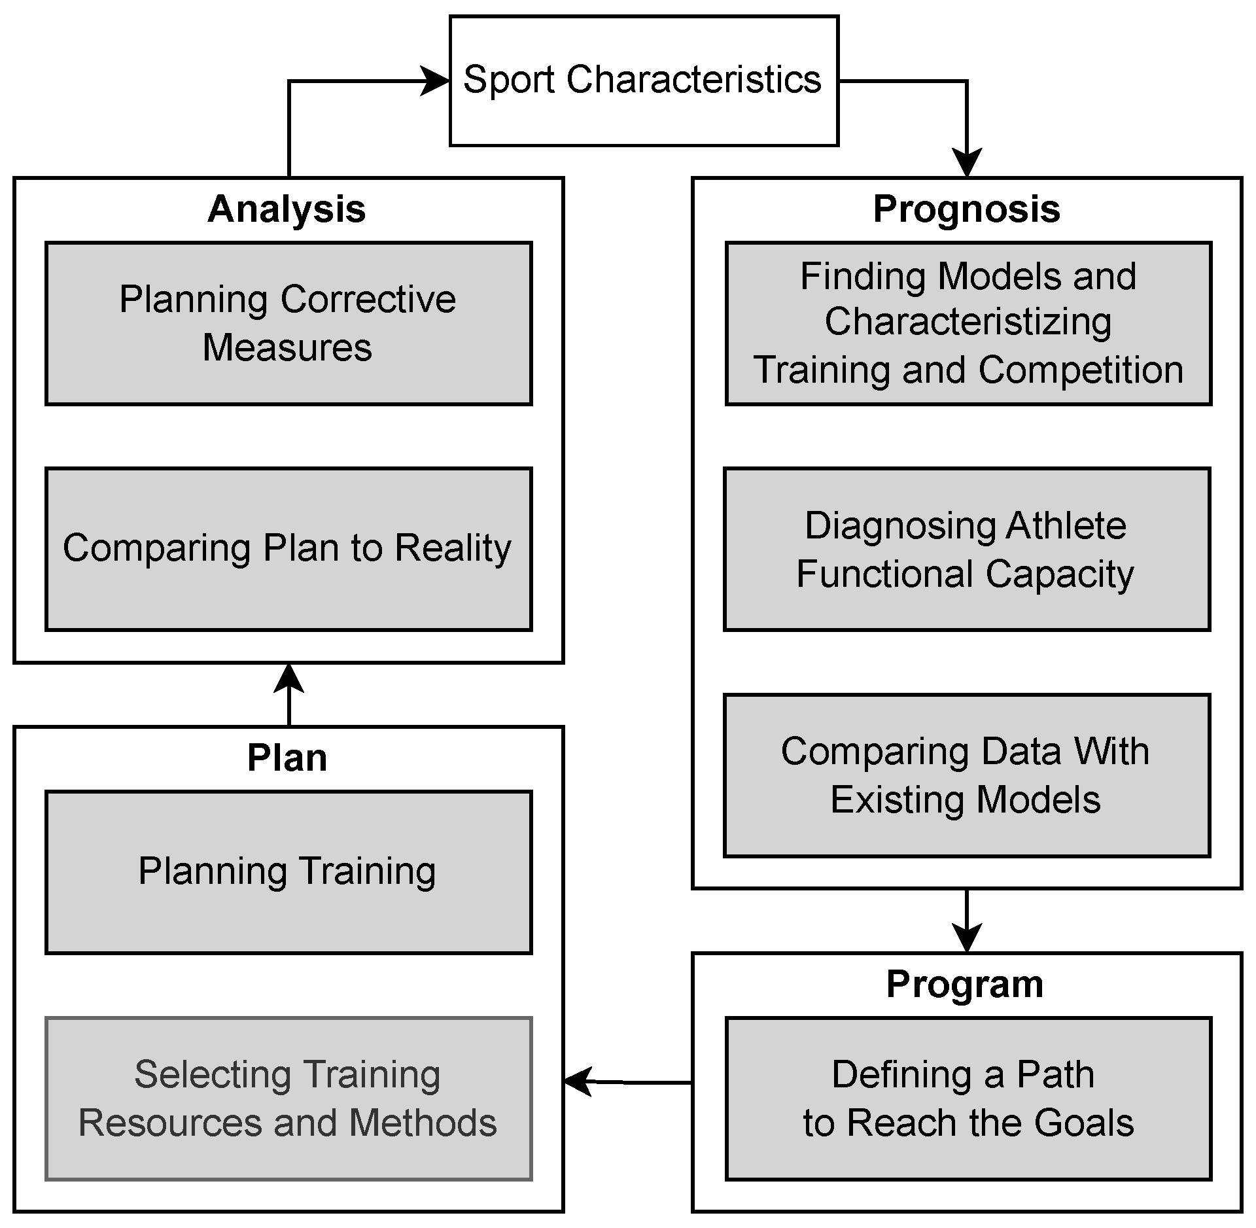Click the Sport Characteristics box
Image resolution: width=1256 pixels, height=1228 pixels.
[644, 80]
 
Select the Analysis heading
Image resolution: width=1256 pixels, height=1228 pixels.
[287, 209]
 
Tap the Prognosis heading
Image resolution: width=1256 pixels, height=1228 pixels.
[966, 209]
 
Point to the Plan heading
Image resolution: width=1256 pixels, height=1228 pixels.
[287, 758]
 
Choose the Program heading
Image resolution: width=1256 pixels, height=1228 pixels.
[965, 984]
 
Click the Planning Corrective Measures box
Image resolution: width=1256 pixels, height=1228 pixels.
[288, 323]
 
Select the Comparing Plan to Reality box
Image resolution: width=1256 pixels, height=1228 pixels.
[288, 548]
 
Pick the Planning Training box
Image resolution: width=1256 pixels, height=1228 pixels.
[288, 871]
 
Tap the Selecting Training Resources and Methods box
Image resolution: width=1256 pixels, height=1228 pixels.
[288, 1098]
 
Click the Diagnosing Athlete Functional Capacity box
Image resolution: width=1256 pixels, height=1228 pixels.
[966, 548]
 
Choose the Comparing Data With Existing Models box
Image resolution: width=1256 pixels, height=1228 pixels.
[966, 775]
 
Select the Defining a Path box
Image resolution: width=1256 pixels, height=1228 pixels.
[968, 1098]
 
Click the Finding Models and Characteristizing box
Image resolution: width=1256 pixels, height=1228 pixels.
[968, 323]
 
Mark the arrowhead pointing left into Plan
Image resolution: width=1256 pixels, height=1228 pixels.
[577, 1082]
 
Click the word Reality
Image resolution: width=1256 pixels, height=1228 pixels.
[453, 548]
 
